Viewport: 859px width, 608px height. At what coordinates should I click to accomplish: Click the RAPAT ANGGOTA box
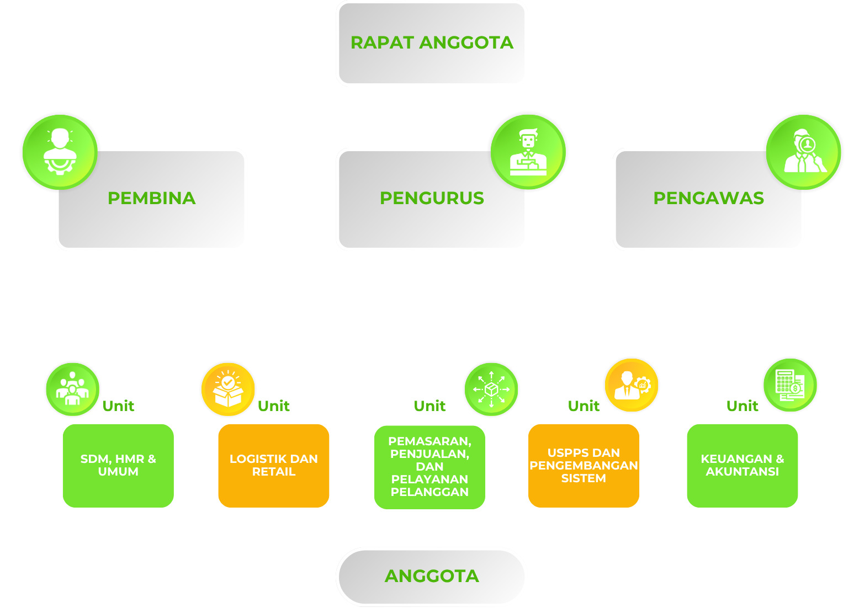432,43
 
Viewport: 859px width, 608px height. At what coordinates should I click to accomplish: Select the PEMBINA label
151,198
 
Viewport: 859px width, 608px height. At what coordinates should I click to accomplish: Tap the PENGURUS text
432,198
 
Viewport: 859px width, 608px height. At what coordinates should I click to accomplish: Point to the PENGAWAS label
708,198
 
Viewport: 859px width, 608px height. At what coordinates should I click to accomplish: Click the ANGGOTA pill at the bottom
432,576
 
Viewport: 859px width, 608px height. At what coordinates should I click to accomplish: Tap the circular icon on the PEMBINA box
60,151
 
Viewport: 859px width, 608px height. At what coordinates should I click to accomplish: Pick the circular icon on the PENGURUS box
528,151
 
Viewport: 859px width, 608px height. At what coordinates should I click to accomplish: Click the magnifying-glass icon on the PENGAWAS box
804,151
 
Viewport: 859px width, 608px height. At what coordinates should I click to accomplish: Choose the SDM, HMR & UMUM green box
118,465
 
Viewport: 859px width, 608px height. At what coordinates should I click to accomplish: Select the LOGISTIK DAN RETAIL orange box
273,465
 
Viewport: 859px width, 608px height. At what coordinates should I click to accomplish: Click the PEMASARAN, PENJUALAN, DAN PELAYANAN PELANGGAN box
430,467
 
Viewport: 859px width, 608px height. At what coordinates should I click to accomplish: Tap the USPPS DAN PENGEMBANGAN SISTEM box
584,465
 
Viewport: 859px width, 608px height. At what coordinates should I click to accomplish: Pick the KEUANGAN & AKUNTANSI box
742,465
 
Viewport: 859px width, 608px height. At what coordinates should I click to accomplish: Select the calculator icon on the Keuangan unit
790,385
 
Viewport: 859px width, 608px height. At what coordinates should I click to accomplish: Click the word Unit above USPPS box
584,406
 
